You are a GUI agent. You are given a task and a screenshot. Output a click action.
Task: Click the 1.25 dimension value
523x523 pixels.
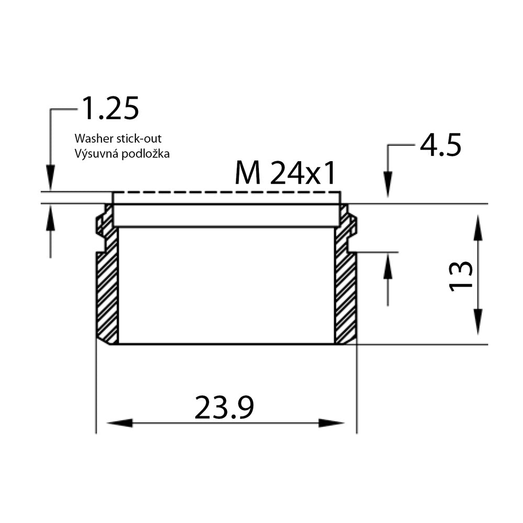point(110,108)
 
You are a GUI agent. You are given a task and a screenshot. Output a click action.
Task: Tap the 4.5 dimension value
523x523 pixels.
point(440,144)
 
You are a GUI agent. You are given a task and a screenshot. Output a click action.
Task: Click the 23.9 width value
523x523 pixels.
point(224,407)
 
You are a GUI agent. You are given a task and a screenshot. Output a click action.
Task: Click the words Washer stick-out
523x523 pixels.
point(118,138)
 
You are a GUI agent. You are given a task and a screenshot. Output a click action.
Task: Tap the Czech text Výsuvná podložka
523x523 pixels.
point(122,153)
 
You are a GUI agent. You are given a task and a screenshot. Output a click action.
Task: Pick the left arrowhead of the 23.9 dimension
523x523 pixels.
point(119,423)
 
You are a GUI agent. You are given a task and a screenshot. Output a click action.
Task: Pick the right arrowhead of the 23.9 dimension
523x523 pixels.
point(332,423)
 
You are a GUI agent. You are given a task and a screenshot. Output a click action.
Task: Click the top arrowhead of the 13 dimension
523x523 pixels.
point(478,228)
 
